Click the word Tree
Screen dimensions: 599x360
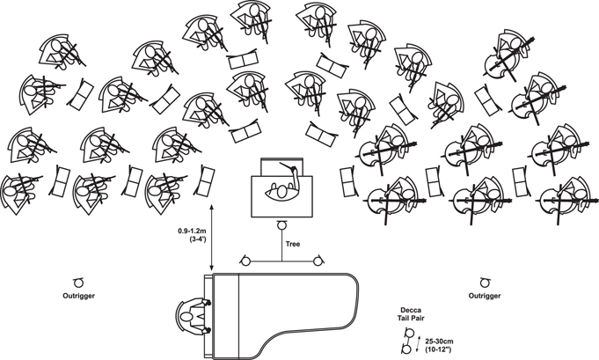coord(293,244)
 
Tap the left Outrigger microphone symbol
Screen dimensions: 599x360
coord(78,283)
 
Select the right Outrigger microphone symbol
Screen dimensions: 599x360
coord(485,283)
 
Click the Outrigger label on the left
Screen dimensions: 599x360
coord(78,296)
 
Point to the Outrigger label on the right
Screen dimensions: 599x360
coord(485,296)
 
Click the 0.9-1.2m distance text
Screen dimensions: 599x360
coord(192,231)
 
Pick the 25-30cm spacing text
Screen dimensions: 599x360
coord(439,342)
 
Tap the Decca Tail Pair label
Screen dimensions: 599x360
coord(411,313)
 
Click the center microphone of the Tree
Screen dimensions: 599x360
coord(282,225)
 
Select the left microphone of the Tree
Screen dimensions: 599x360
coord(245,261)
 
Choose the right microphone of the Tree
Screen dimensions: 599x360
coord(318,261)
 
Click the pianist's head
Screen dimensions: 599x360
coord(186,317)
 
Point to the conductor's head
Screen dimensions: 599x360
coord(282,192)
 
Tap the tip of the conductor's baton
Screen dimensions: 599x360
coord(281,163)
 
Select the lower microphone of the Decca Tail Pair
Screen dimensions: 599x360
coord(405,349)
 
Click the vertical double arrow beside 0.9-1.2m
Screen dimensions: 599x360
coord(212,238)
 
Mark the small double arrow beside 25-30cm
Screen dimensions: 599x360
coord(419,342)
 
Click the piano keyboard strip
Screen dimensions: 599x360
coord(208,316)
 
